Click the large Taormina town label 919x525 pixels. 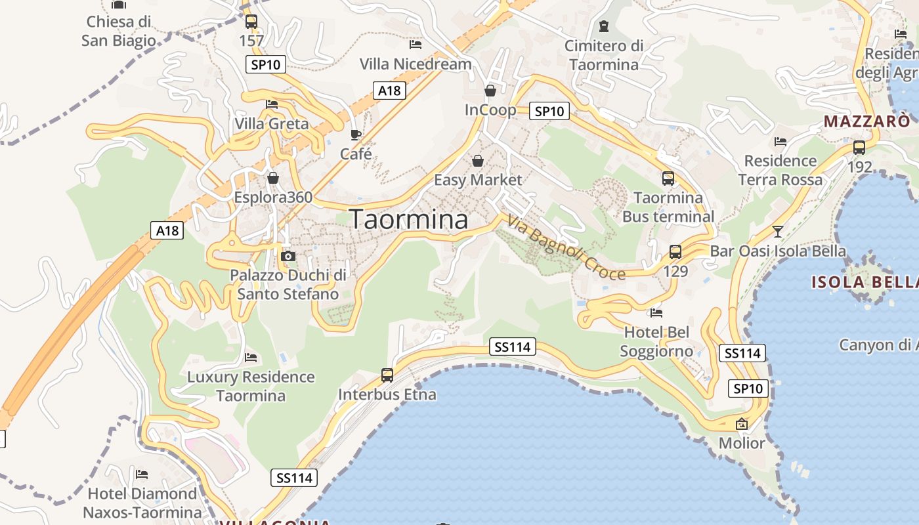pos(409,219)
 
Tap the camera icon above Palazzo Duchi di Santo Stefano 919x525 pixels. pos(288,256)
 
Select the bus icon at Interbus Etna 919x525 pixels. pos(387,375)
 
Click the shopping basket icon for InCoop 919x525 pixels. pos(490,91)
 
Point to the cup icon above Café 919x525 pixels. pos(356,135)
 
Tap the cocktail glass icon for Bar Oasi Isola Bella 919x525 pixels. pos(778,231)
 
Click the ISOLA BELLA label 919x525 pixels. pos(864,282)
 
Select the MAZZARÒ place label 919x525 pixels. pos(866,121)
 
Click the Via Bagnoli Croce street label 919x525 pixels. pos(566,250)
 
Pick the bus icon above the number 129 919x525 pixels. pos(675,251)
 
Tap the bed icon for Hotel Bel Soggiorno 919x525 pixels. pos(656,313)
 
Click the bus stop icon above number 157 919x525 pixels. pos(251,22)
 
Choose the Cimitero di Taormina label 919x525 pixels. pos(604,55)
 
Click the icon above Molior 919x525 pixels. pos(742,424)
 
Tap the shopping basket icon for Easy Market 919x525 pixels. pos(478,161)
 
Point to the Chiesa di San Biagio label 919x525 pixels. pos(119,31)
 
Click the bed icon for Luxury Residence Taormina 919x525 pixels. pos(251,358)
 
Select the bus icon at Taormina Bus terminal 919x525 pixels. pos(668,178)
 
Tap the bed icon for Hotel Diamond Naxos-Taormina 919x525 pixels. pos(142,474)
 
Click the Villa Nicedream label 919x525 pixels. pos(416,64)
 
